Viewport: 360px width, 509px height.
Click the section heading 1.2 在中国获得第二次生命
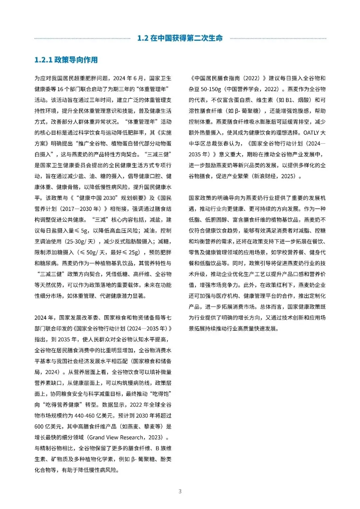pos(180,38)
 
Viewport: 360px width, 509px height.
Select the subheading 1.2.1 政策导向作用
pos(66,60)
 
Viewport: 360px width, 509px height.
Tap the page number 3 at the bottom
pos(180,491)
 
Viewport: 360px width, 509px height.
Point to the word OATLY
pos(311,133)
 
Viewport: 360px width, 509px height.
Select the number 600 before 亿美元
pos(39,427)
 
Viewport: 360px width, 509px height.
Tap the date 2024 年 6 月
pos(128,78)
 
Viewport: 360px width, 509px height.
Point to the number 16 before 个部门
pos(60,89)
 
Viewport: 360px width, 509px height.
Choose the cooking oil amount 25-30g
pos(76,241)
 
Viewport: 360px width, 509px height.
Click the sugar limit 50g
pos(91,252)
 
